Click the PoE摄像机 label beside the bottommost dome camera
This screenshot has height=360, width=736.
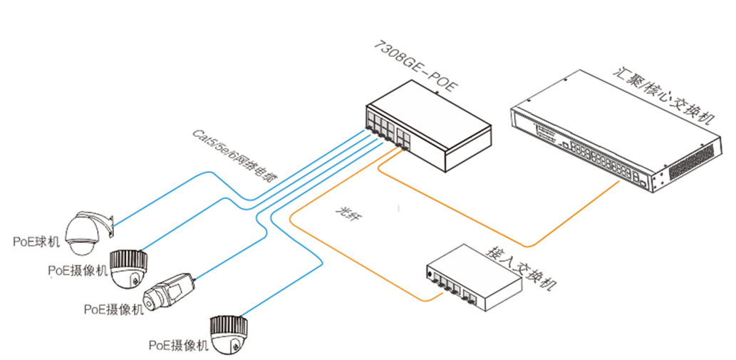[x=178, y=345]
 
